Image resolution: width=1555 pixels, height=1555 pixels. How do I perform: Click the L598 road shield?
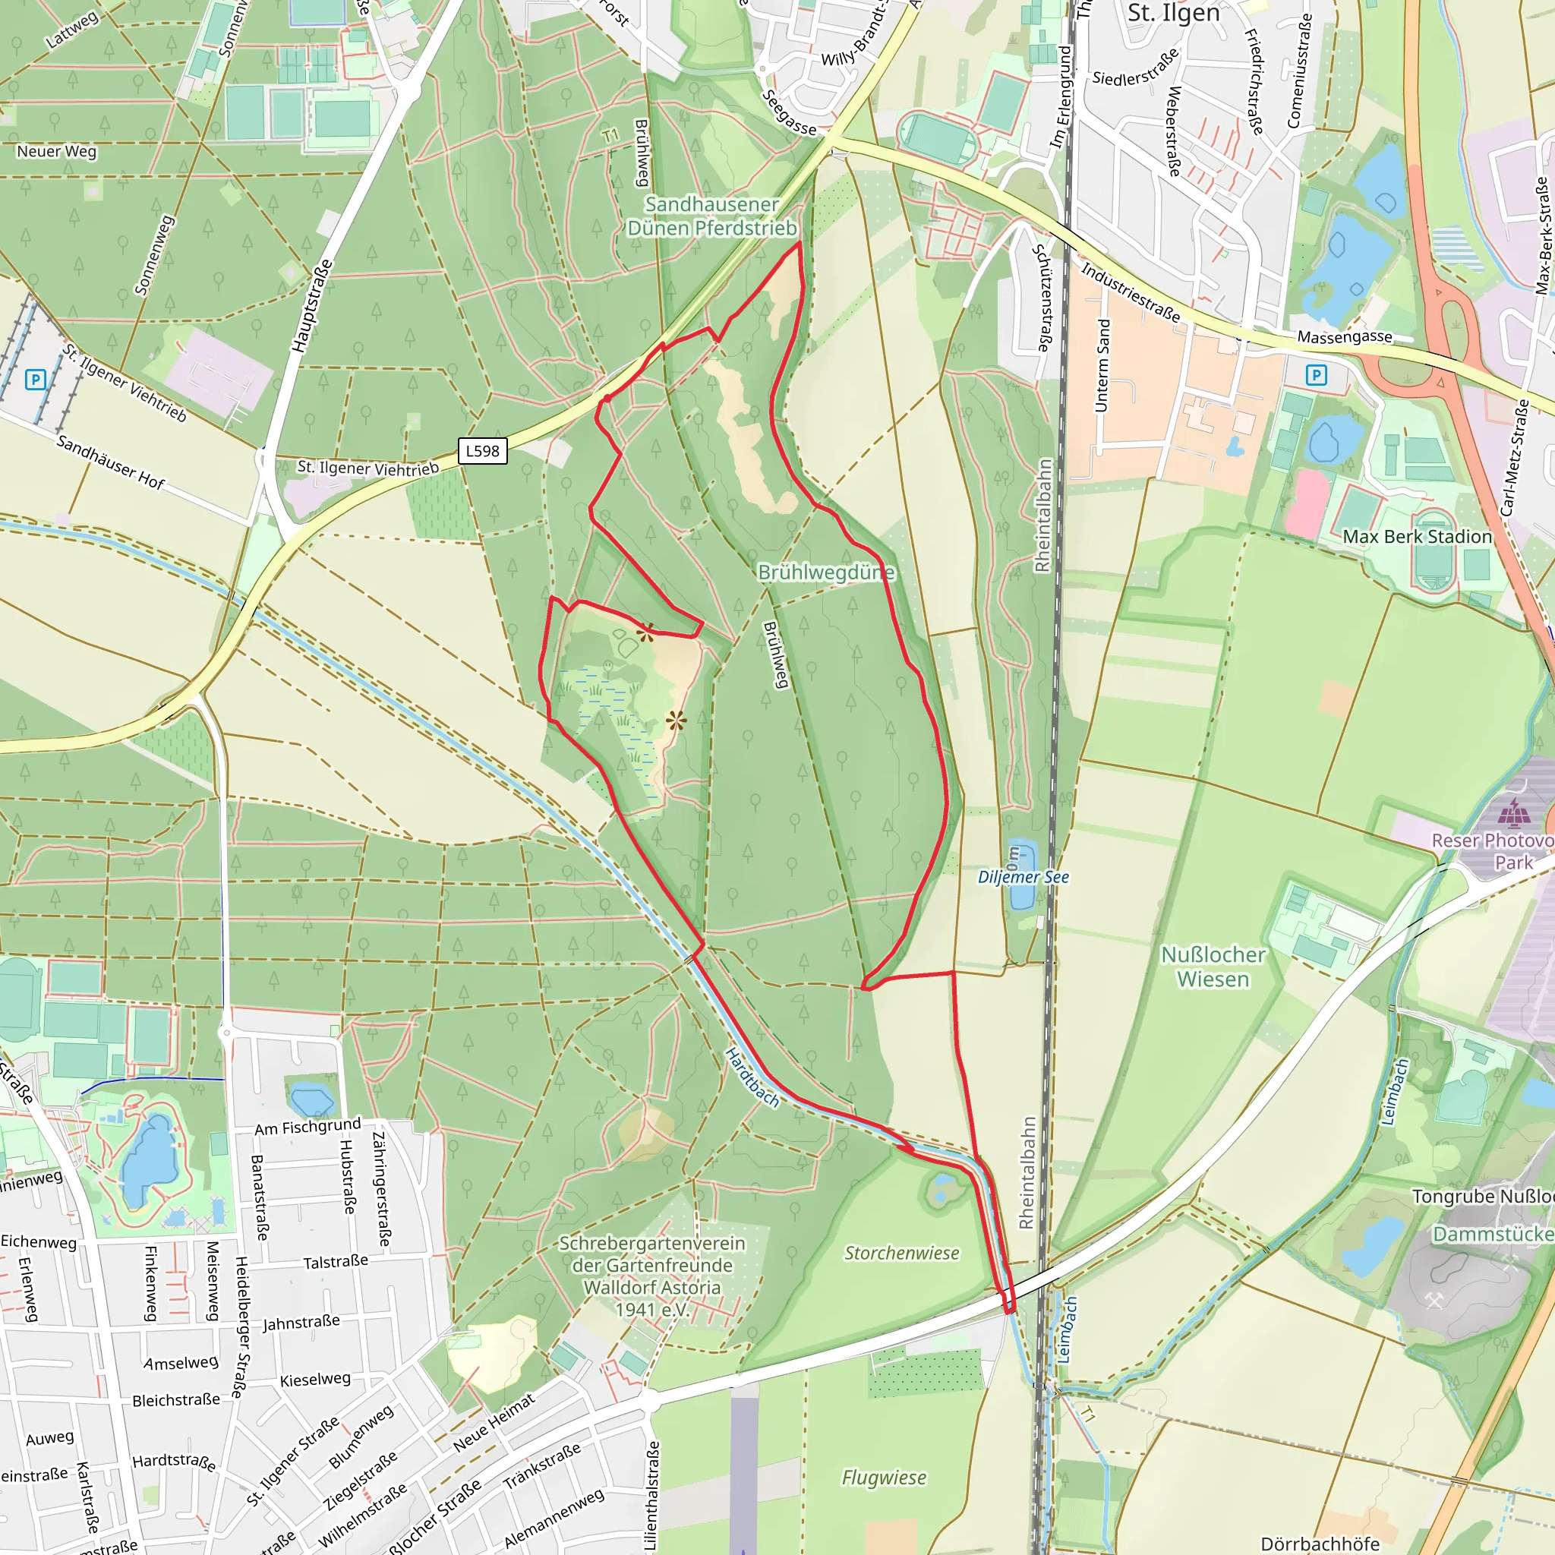point(482,451)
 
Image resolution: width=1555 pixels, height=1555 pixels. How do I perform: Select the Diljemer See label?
point(1023,877)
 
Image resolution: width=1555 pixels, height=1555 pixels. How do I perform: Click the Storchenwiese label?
point(901,1253)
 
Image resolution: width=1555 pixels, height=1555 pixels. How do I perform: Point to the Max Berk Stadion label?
point(1417,537)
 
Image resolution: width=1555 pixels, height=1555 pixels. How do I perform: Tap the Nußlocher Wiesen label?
point(1213,967)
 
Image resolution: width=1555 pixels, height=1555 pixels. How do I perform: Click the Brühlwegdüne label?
point(826,572)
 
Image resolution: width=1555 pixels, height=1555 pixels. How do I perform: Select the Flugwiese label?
point(884,1478)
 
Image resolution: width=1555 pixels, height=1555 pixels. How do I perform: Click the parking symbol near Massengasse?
point(1316,375)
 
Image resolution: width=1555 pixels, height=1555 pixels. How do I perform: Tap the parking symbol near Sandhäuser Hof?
point(35,379)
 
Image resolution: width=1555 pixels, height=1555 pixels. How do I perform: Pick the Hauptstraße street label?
point(311,306)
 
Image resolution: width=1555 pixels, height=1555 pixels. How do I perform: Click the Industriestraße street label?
point(1130,292)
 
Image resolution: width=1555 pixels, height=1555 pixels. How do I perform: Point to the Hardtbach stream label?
point(752,1077)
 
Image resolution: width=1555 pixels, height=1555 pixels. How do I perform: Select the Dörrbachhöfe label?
point(1320,1544)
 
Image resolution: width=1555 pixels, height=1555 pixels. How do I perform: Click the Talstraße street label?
point(336,1260)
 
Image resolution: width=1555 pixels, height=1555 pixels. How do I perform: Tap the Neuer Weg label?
point(56,151)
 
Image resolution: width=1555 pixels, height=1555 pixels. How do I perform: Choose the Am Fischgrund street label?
point(308,1127)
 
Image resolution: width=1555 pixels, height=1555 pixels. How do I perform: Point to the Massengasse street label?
point(1344,336)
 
